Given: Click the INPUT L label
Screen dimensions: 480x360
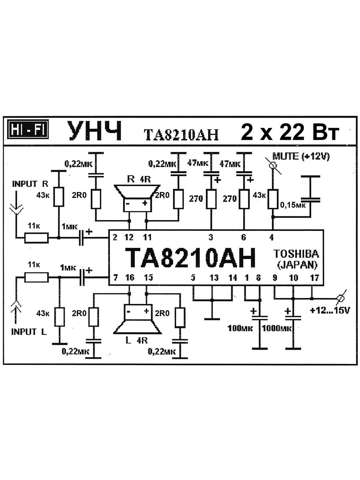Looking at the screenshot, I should click(x=29, y=332).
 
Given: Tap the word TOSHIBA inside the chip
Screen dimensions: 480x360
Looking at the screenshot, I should click(x=296, y=254).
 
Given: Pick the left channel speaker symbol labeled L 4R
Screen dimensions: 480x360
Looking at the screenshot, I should click(x=137, y=318).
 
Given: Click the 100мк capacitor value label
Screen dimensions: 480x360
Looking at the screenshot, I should click(x=239, y=328).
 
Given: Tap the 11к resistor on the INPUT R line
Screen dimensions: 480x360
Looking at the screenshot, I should click(x=37, y=238).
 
